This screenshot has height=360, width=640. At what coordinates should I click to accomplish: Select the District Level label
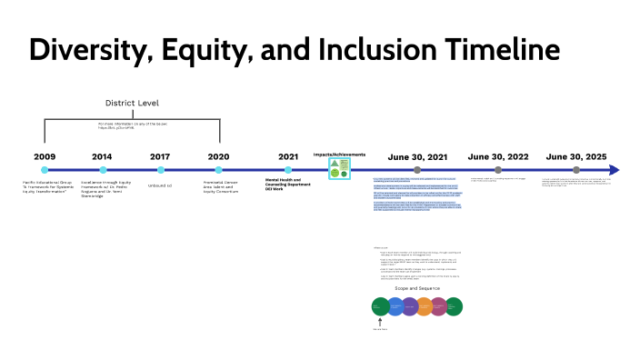click(133, 103)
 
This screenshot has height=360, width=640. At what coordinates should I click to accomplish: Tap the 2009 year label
click(45, 156)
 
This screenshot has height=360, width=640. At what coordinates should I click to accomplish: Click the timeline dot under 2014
click(103, 170)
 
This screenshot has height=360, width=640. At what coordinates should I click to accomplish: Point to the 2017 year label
click(160, 156)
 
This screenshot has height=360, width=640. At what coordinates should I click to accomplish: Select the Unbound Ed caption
click(160, 185)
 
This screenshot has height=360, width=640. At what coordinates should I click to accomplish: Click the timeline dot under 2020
click(219, 170)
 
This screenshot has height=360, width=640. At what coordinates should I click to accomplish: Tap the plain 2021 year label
click(288, 156)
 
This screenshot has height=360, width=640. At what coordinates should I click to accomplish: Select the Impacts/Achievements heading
click(334, 154)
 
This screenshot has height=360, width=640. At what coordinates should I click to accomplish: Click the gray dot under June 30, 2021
click(417, 170)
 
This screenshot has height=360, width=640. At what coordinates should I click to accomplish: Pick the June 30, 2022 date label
click(497, 156)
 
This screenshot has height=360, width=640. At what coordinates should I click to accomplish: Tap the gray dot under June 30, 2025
click(576, 170)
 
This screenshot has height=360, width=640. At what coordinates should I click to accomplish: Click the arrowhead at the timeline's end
click(615, 170)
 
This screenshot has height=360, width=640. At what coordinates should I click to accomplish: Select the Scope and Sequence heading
click(419, 287)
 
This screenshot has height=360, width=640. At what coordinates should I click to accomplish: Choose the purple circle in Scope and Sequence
click(409, 306)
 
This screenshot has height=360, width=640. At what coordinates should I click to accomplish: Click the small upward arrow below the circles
click(379, 320)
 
